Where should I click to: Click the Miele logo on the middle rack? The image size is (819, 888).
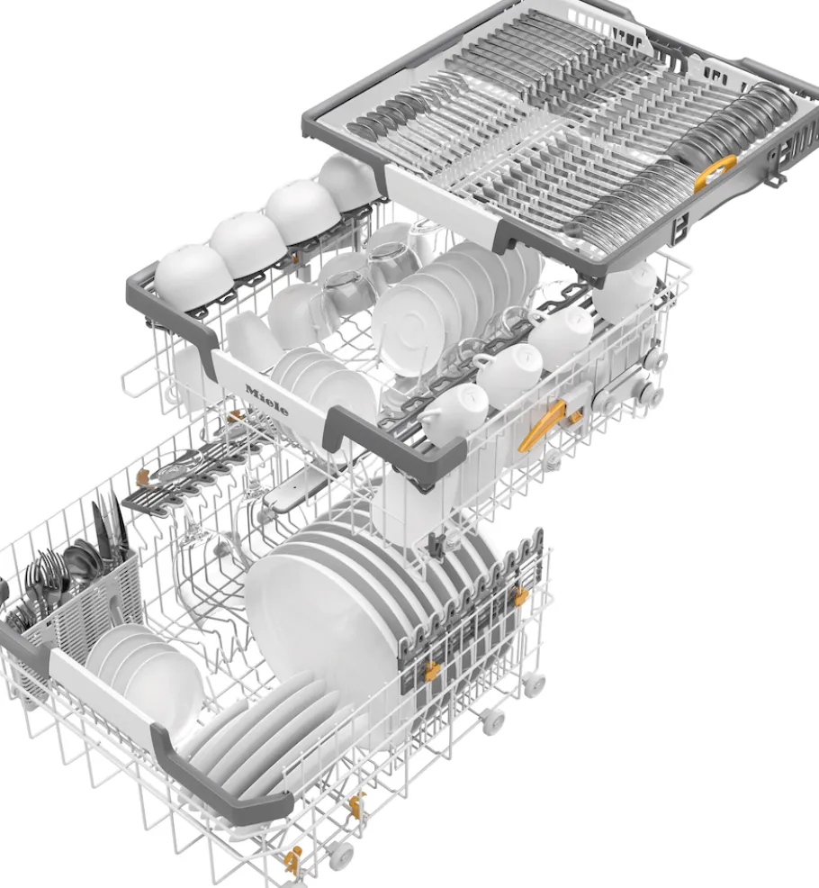(x=266, y=400)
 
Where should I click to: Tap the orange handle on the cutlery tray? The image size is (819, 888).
(x=715, y=172)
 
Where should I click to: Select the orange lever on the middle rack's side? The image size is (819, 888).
(x=542, y=425)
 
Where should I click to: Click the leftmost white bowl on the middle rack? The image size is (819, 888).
(x=193, y=277)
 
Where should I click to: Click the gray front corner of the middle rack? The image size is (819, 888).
(x=396, y=448)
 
